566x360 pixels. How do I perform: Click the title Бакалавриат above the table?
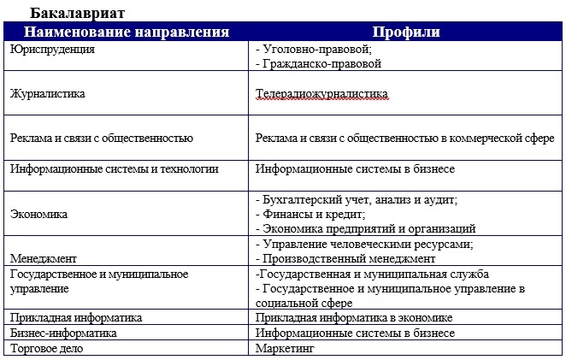tap(80, 13)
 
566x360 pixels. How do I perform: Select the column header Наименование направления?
tap(127, 32)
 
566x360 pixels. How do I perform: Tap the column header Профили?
tap(406, 32)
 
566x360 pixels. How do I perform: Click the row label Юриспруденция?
tap(53, 50)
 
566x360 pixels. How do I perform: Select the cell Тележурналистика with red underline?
tap(321, 93)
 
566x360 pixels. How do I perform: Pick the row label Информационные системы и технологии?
tap(115, 169)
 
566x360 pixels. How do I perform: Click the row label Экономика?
tap(38, 214)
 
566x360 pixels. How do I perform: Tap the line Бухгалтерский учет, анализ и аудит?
tap(357, 199)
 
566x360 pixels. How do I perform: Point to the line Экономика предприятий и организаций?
tap(366, 228)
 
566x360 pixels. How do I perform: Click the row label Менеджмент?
tap(44, 258)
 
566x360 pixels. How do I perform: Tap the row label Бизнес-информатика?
tap(63, 333)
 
